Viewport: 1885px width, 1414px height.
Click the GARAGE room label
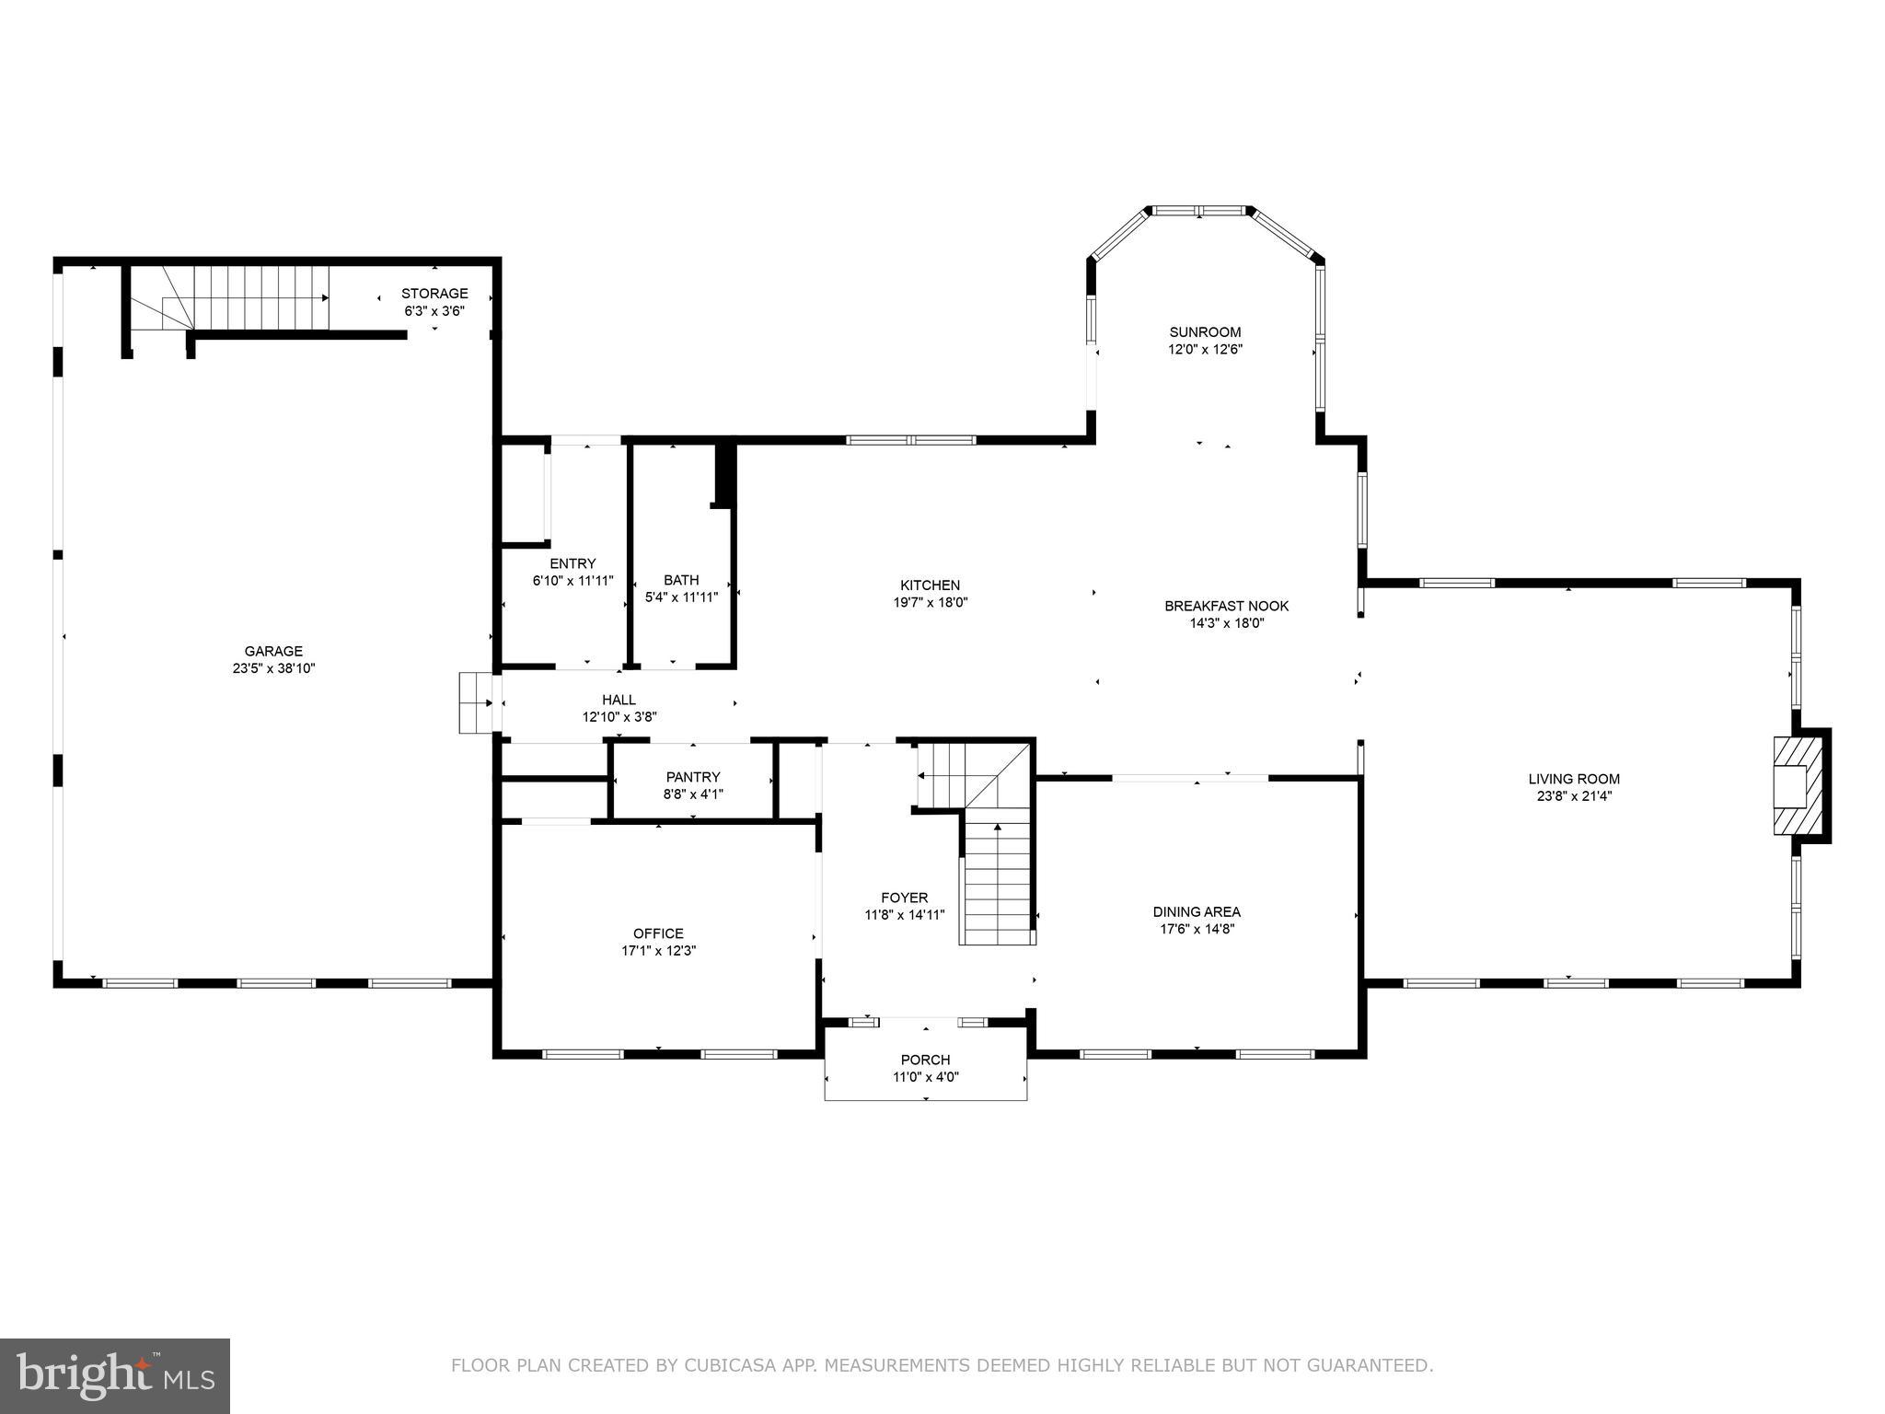[273, 651]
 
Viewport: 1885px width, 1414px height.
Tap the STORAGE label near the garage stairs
[434, 294]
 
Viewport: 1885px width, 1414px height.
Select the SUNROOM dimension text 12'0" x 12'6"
[1205, 350]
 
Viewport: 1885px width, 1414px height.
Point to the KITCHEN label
[930, 585]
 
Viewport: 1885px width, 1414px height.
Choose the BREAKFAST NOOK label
[1226, 606]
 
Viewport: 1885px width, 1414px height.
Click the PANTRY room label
[693, 777]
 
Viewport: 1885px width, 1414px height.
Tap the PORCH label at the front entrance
[925, 1060]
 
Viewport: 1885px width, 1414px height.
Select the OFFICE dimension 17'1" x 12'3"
[658, 951]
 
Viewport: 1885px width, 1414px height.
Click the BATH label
[681, 580]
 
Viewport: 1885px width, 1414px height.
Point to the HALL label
[619, 700]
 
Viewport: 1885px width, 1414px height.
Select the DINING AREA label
[1197, 911]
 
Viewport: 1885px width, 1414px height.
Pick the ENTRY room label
[572, 563]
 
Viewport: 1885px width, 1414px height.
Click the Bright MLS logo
[115, 1375]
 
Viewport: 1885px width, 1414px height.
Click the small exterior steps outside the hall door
[476, 702]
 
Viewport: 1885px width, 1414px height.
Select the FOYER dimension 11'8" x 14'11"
[904, 915]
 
